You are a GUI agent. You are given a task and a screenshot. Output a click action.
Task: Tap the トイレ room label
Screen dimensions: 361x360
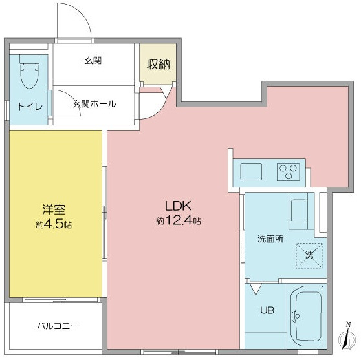coord(30,107)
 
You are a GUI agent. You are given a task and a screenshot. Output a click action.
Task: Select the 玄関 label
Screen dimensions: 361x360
coord(93,61)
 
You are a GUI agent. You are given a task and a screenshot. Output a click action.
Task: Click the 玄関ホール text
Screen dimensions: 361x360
coord(94,104)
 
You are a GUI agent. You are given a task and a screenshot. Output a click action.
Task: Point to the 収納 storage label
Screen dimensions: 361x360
coord(159,64)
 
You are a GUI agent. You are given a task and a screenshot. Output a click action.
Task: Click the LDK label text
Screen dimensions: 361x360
coord(178,206)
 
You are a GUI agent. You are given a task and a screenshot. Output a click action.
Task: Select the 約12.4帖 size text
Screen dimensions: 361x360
coord(179,221)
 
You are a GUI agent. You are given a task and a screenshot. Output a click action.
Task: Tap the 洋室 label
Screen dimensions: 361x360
coord(54,209)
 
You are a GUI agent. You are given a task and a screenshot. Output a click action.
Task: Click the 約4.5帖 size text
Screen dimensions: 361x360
coord(54,224)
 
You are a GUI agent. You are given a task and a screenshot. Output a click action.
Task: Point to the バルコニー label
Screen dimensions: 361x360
coord(58,326)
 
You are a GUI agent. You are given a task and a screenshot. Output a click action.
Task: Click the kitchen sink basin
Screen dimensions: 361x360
coord(251,171)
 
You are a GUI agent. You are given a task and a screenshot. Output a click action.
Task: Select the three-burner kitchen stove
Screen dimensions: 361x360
coord(289,172)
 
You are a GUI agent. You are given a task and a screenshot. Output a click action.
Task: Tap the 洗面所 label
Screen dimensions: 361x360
coord(270,239)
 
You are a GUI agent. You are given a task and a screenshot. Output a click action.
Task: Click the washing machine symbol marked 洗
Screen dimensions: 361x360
coord(309,255)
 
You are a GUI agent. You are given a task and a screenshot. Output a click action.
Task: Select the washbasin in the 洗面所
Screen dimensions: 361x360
coord(300,211)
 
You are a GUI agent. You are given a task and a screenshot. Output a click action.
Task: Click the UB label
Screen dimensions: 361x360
coord(267,310)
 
